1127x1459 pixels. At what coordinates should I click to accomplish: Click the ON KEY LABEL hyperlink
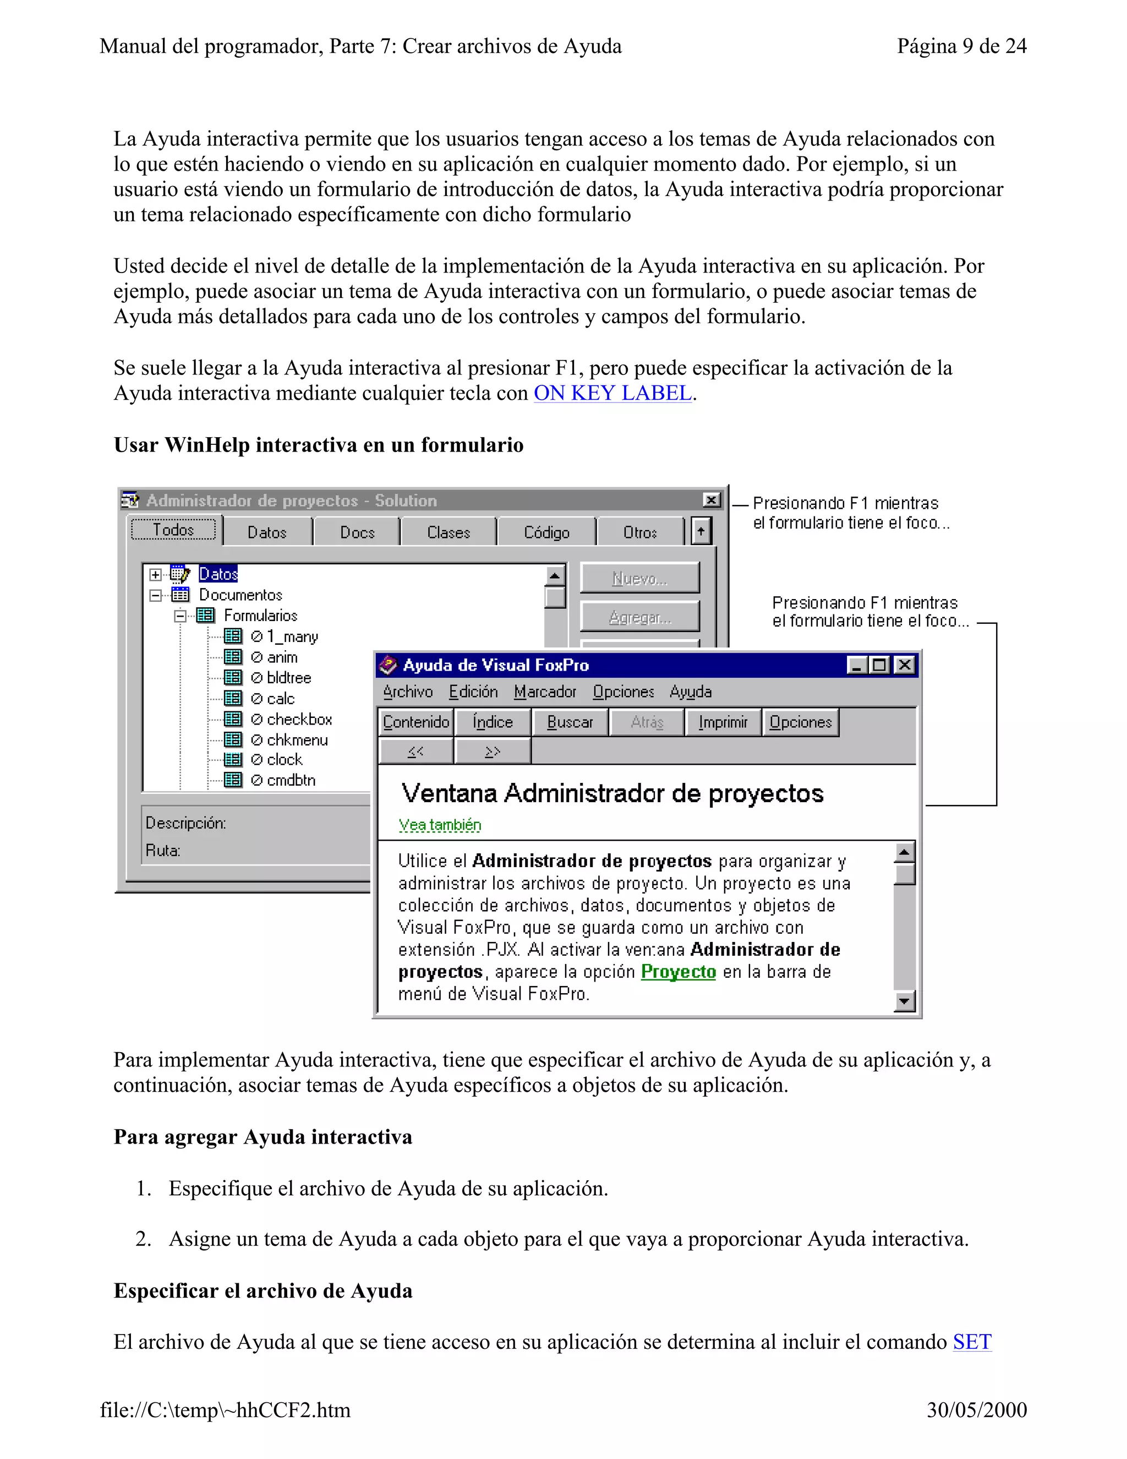pos(612,394)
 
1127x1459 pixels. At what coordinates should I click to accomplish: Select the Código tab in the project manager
pos(546,532)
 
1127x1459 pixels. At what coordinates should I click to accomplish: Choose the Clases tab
pos(448,532)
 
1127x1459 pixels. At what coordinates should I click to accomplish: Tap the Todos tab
pos(173,530)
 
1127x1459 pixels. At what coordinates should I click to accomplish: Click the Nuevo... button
pos(639,579)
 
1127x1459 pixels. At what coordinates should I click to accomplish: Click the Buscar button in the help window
pos(570,722)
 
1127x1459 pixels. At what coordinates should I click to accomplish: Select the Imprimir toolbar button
pos(723,722)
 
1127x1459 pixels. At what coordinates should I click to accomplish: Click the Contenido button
pos(416,722)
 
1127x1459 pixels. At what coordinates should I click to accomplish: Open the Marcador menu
pos(545,692)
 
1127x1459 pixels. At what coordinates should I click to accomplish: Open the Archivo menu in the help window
pos(408,692)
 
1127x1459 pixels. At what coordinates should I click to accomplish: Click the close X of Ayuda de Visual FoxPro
pos(905,666)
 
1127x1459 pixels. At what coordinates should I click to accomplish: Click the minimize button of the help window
pos(857,666)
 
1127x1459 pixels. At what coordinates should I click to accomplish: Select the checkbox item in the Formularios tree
pos(299,720)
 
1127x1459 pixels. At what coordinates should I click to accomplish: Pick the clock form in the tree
pos(285,760)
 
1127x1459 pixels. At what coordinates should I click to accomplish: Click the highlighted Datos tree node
pos(218,574)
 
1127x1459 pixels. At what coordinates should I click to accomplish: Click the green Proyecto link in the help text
pos(679,971)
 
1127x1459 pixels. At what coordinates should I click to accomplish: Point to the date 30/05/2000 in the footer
pos(976,1410)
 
